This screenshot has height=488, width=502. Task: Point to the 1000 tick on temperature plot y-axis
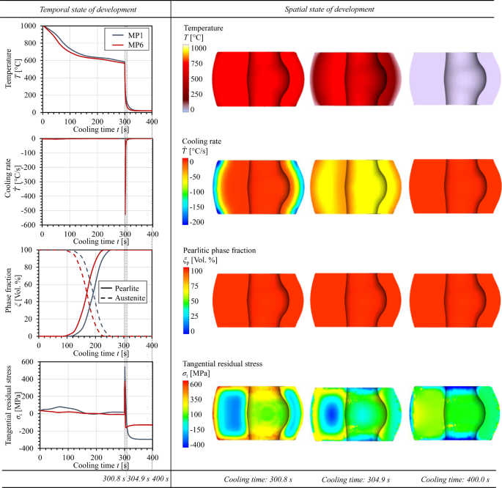(x=27, y=26)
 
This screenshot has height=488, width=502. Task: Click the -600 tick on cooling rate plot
(x=27, y=224)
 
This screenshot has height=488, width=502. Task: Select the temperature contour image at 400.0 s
(x=454, y=81)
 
